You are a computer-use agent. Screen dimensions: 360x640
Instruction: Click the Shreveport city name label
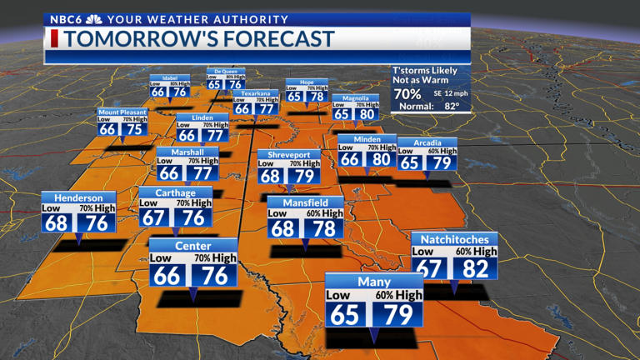[289, 155]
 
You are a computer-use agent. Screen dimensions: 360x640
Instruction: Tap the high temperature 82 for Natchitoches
[475, 268]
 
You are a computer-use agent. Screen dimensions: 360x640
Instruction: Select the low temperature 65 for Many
[344, 314]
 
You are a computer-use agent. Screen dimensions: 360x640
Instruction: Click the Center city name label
[192, 247]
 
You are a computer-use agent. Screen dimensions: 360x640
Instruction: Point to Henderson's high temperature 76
[97, 224]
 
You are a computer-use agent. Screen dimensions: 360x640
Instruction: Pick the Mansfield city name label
[304, 202]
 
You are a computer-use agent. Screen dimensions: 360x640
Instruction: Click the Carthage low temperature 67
[154, 217]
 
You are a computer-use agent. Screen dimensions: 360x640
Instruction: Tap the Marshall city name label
[187, 153]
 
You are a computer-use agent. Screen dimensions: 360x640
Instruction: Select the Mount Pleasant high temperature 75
[132, 129]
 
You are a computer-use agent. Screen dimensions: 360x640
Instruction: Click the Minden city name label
[367, 140]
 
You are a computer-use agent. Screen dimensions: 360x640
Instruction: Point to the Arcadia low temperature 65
[410, 163]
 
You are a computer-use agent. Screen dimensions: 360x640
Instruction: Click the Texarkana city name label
[255, 94]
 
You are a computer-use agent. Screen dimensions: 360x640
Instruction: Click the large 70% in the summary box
[408, 93]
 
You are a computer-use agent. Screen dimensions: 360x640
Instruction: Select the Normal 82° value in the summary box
[451, 106]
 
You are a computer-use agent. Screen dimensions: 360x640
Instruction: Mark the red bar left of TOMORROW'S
[54, 38]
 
